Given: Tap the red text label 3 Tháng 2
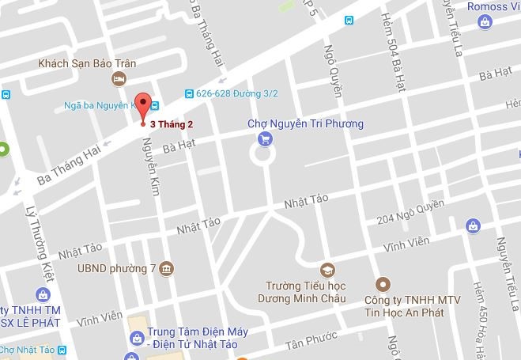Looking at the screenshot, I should click(171, 124).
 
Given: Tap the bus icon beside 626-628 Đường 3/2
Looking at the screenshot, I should click(188, 93).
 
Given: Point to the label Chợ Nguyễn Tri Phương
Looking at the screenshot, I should click(304, 123).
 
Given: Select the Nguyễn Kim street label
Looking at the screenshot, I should click(147, 161).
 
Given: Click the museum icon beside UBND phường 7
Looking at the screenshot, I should click(166, 268).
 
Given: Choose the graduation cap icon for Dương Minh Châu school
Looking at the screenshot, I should click(327, 269).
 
